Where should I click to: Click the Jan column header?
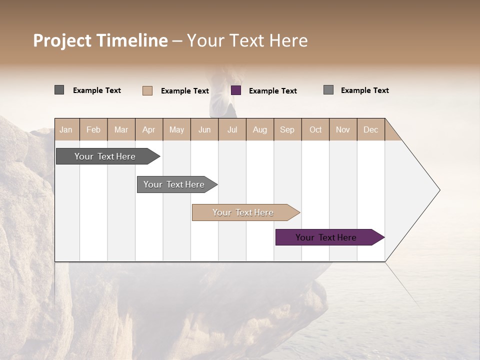[66, 129]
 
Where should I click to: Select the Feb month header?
[93, 129]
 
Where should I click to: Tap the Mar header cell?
[121, 129]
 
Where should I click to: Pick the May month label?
[176, 129]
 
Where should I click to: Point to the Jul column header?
[232, 129]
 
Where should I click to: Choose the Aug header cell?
[260, 129]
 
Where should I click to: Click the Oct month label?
[315, 129]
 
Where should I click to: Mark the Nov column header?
[343, 129]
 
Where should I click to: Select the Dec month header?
[370, 129]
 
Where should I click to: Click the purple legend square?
[236, 90]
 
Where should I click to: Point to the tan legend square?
[147, 90]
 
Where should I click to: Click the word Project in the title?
[62, 40]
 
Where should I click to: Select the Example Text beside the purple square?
[273, 91]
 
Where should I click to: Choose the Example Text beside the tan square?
[185, 91]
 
